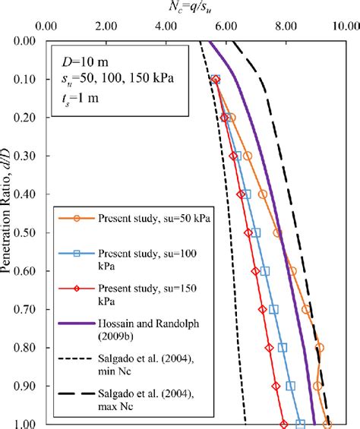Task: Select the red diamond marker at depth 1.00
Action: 284,424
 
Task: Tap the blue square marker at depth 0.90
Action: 291,386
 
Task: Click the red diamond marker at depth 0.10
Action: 216,79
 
